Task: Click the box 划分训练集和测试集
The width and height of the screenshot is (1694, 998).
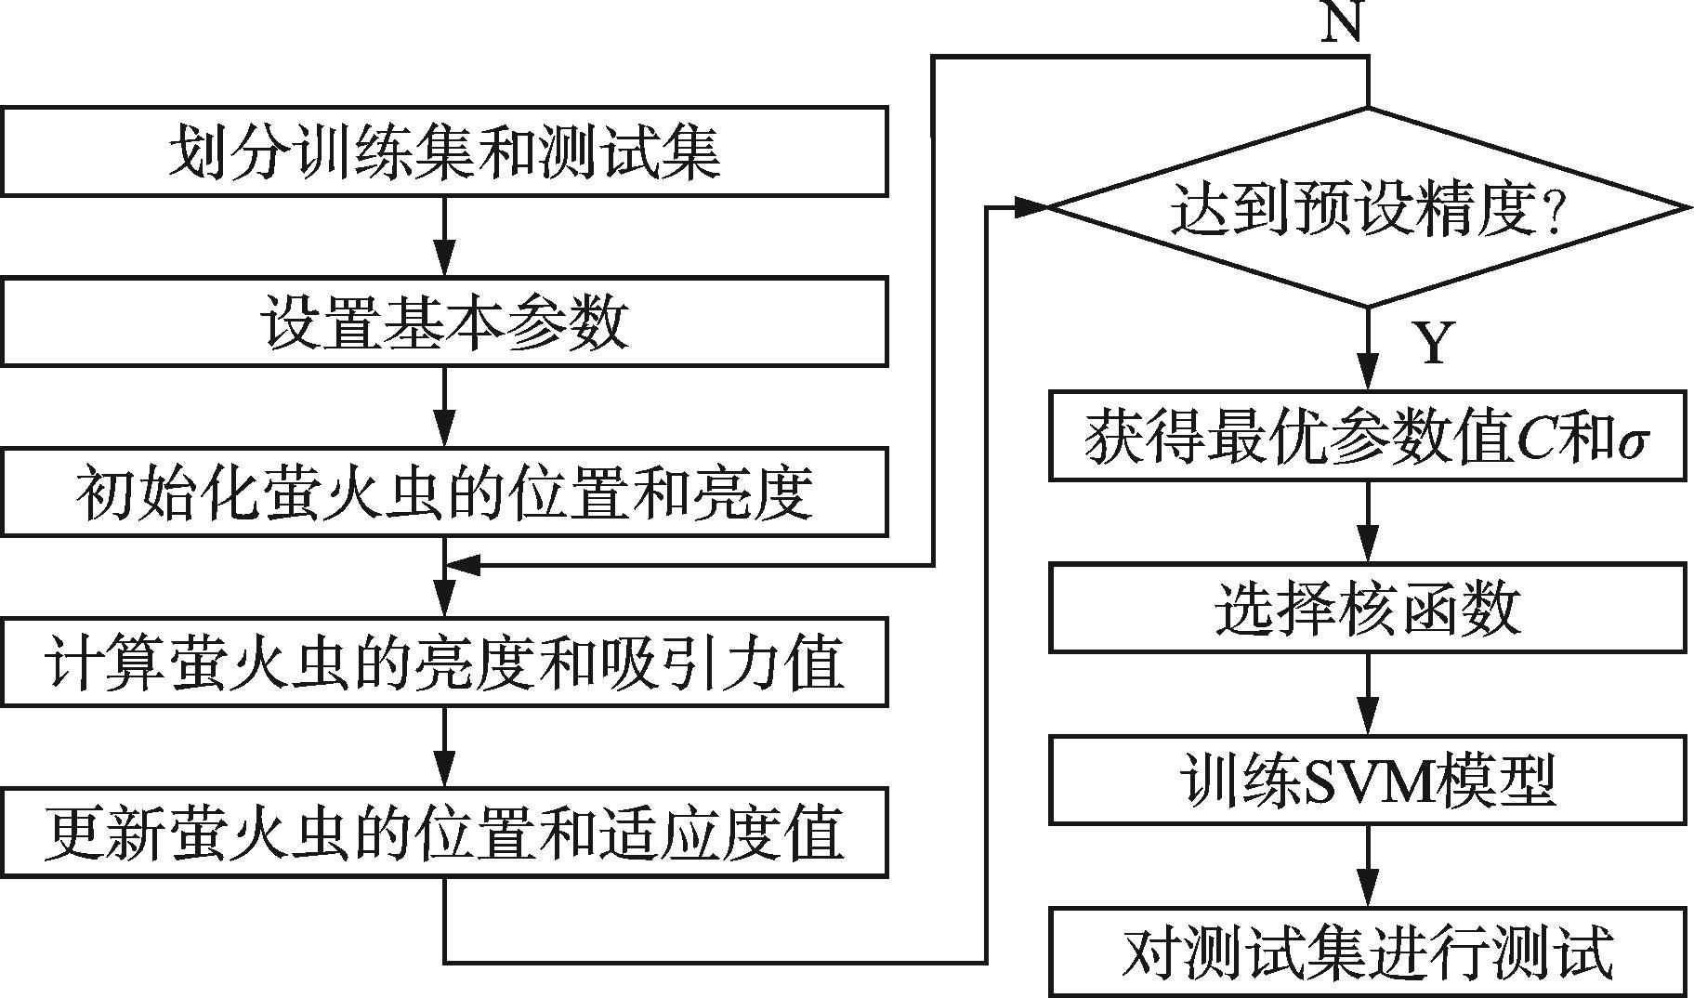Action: [444, 151]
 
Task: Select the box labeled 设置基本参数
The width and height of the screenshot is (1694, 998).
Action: [444, 322]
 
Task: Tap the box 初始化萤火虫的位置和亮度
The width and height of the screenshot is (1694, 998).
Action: [444, 492]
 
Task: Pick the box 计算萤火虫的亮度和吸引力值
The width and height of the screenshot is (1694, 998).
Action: [444, 662]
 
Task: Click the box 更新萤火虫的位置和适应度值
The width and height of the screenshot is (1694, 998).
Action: [444, 832]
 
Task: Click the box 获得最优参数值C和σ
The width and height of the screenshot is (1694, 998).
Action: [1367, 436]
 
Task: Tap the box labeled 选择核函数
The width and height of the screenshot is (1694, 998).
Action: [1367, 607]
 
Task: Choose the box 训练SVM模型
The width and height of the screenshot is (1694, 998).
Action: [1367, 781]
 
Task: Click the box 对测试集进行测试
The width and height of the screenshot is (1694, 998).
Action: [1367, 952]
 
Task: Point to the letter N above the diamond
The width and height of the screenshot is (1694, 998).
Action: [1342, 22]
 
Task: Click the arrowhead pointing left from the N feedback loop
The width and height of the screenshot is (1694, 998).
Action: [463, 564]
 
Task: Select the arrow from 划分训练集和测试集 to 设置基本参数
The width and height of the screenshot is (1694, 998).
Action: [445, 236]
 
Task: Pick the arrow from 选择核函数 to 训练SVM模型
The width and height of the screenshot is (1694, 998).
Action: [1367, 694]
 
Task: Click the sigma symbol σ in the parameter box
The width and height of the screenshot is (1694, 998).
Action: [1632, 440]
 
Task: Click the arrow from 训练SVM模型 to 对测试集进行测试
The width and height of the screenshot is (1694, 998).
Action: [1367, 867]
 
